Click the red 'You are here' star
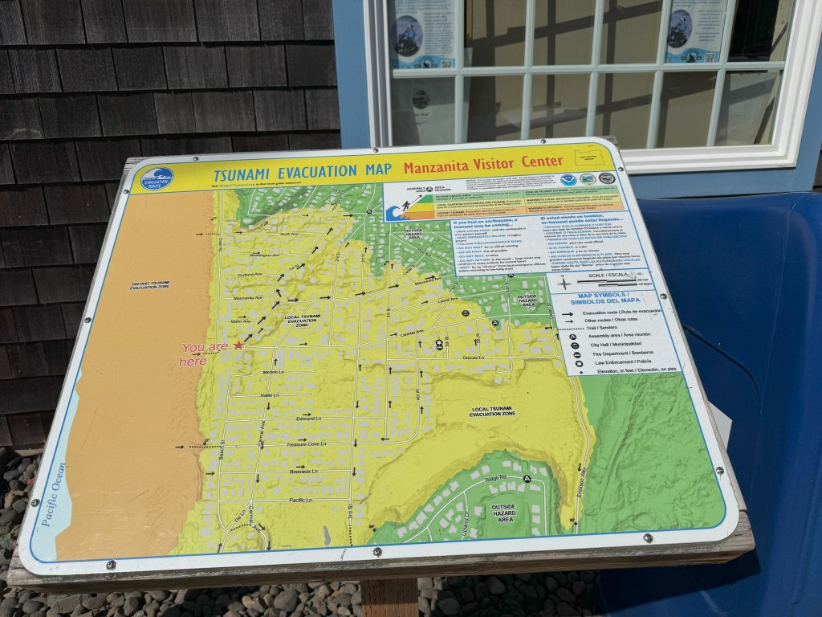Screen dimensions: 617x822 (238, 345)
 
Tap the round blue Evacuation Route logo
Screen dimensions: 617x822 (157, 178)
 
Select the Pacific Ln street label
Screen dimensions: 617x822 (299, 501)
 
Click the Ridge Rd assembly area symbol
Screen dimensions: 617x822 (527, 479)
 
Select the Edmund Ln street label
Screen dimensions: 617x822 (308, 419)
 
